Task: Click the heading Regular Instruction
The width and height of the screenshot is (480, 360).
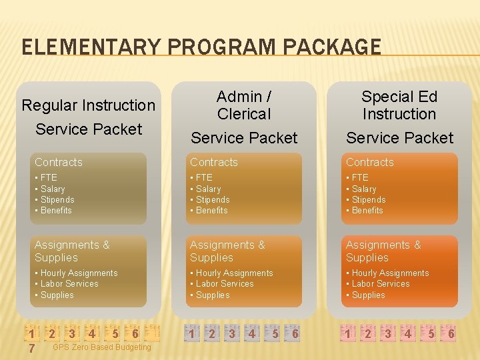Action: coord(89,105)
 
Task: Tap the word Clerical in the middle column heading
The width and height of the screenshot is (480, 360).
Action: coord(244,114)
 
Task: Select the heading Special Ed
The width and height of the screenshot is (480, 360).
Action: coord(399,97)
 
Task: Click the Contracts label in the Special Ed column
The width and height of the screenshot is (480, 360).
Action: coord(370,162)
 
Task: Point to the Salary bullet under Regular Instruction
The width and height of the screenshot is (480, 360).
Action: coord(53,189)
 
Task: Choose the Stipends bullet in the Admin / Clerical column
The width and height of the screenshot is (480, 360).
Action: coord(212,199)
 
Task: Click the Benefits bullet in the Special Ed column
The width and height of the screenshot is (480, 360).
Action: coord(367,210)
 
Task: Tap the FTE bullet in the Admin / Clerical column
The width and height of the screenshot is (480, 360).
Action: coord(204,177)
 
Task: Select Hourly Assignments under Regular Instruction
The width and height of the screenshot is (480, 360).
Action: coord(79,273)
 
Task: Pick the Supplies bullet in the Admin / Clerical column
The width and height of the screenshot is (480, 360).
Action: coord(213,295)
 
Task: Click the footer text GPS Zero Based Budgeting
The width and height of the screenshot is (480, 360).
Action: coord(101,347)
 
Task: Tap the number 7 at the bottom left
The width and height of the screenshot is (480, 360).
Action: coord(31,348)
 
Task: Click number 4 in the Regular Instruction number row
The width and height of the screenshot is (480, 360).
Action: coord(92,333)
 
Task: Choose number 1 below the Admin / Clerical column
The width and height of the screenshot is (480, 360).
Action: coord(191,333)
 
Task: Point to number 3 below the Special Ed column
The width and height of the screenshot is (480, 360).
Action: coord(387,333)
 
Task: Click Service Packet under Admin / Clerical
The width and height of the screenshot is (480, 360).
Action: coord(244,138)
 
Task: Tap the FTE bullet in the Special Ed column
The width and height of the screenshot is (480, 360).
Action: coord(360,177)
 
